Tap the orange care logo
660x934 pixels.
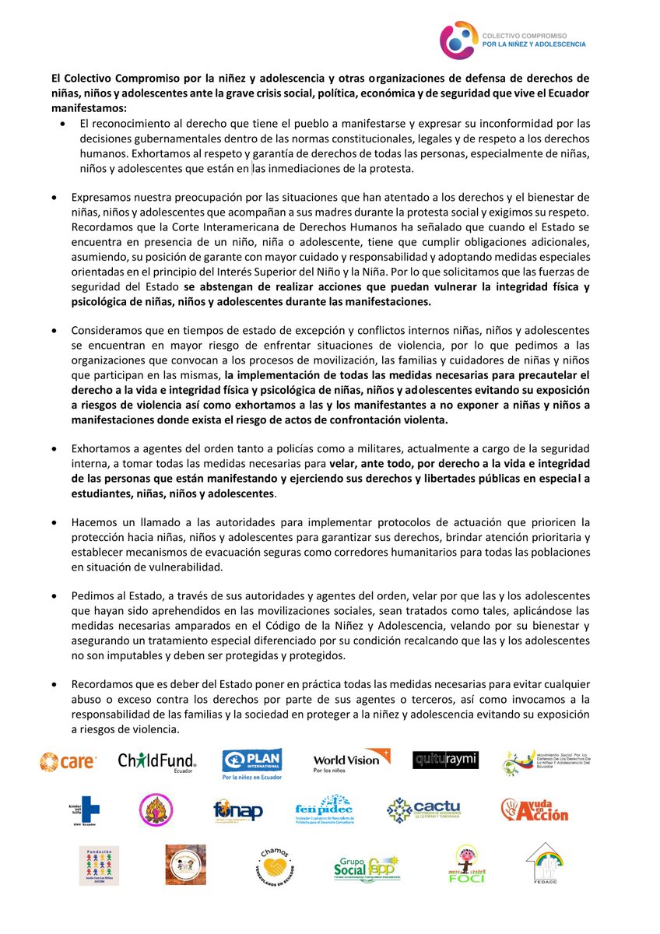coord(68,761)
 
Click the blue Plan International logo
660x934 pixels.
coord(251,764)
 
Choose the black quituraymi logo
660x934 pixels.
coord(445,760)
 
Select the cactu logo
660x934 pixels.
coord(423,810)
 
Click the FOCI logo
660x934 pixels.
coord(467,865)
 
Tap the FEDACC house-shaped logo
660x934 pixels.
coord(545,863)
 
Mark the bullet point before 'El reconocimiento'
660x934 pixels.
coord(63,124)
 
